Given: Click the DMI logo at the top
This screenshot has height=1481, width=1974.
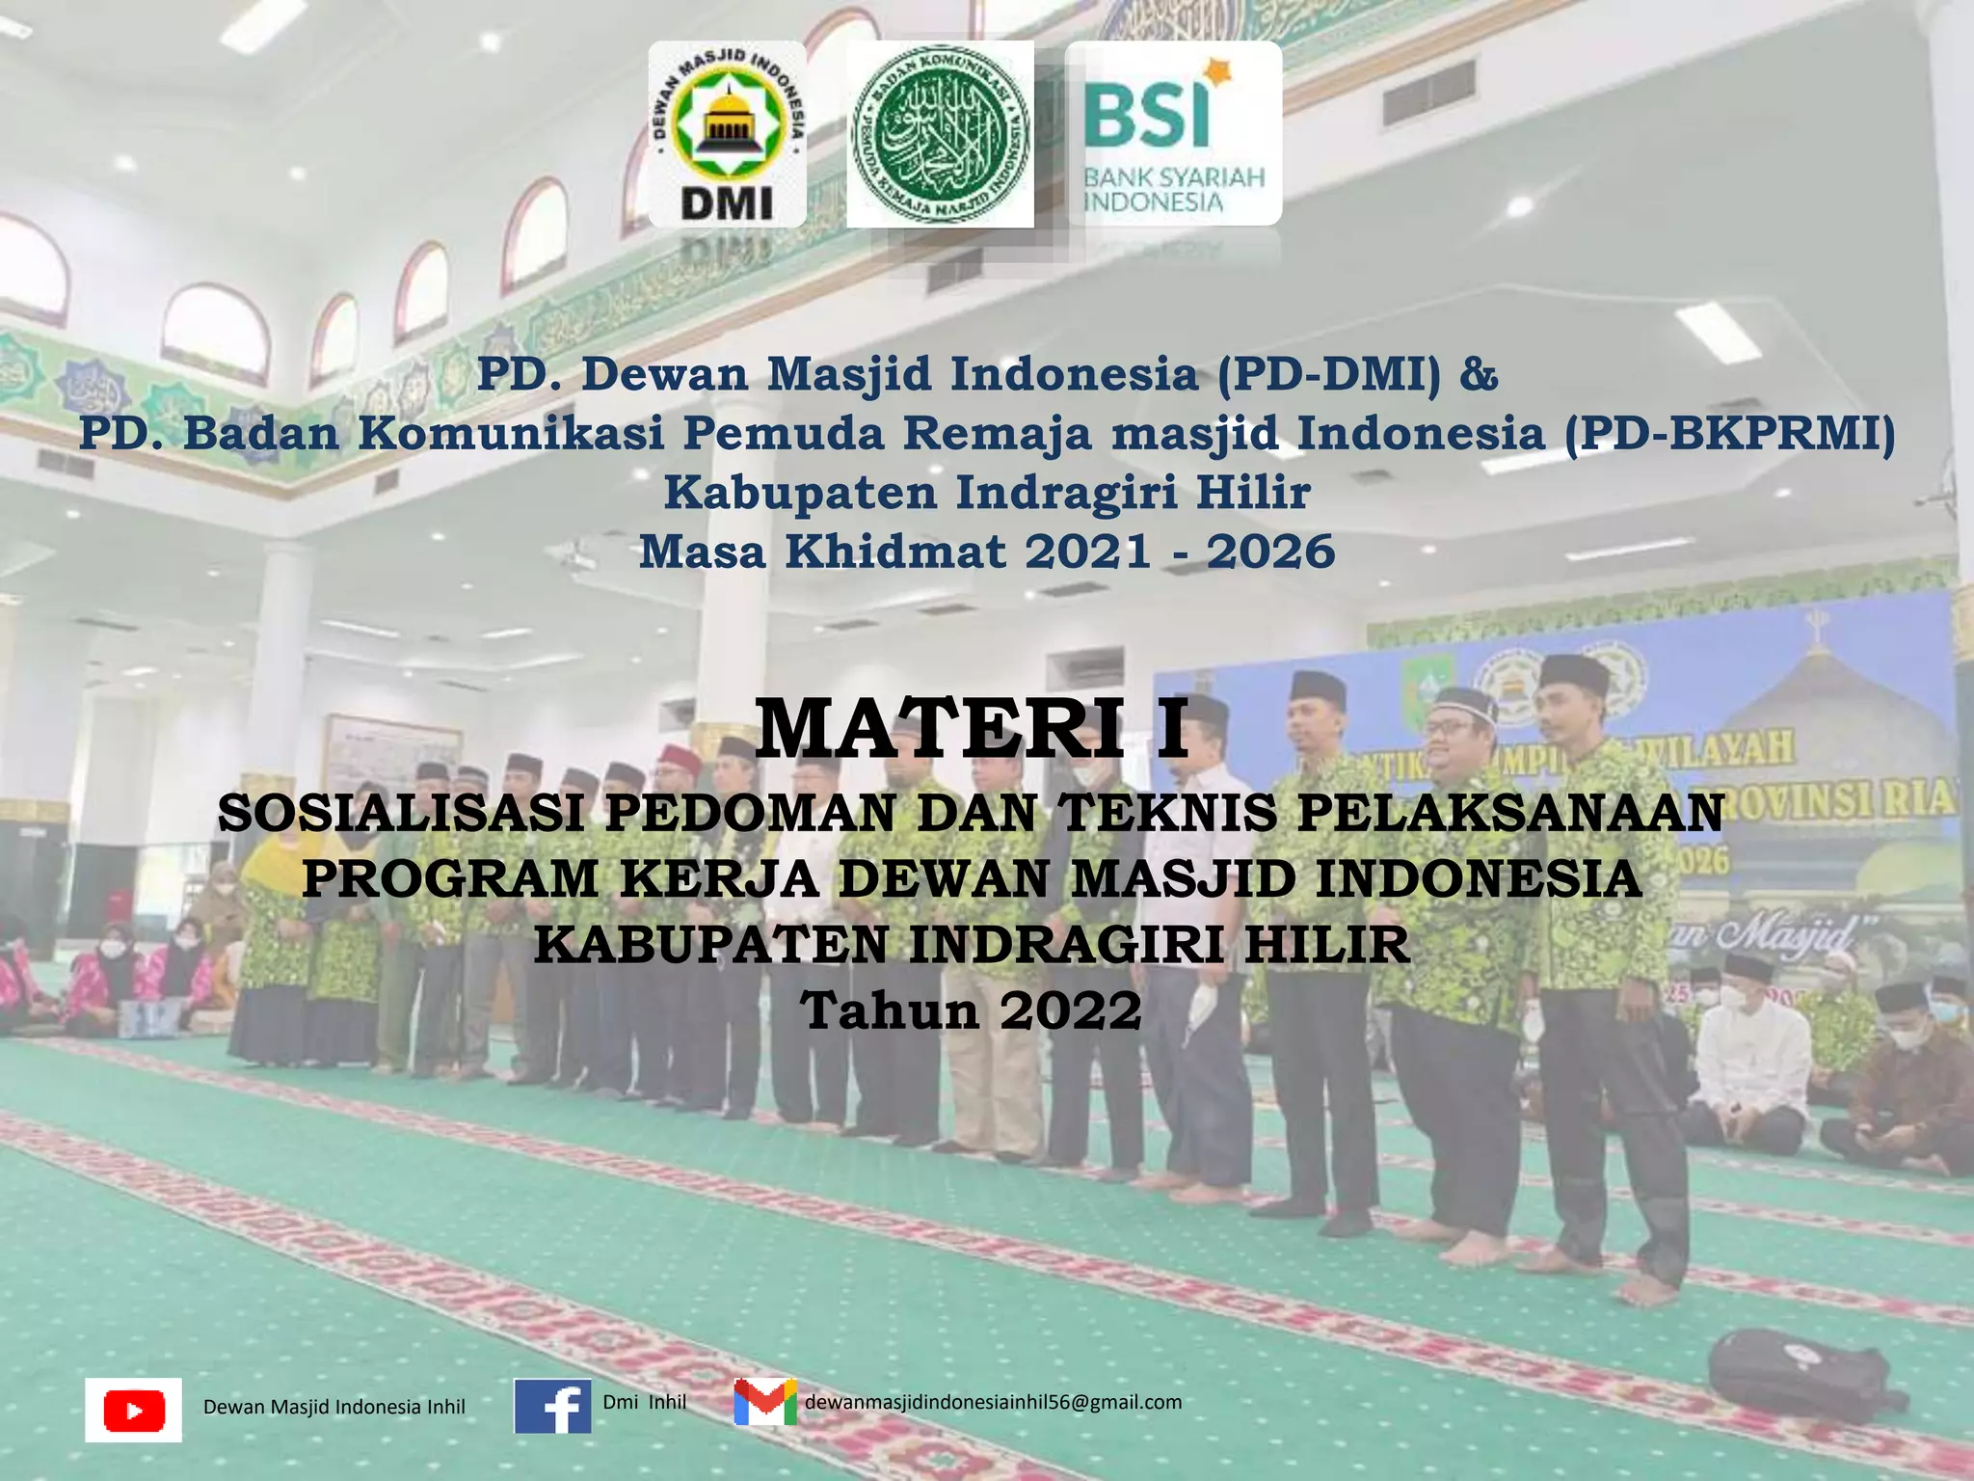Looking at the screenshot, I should coord(727,134).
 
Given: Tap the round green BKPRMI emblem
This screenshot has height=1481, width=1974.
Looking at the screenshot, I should coord(940,134).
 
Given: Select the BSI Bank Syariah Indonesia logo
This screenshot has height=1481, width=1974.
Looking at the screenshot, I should coord(1173,134).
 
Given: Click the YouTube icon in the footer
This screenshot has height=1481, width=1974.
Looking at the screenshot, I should coord(133,1410).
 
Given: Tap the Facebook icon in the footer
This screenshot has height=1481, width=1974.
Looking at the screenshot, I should coord(552,1407).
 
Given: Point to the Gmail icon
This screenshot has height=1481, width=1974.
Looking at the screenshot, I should coord(765,1403).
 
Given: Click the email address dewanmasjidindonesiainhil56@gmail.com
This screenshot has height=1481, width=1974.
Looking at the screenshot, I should coord(993,1402).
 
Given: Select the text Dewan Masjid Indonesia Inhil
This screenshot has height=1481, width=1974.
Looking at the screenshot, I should coord(333,1407).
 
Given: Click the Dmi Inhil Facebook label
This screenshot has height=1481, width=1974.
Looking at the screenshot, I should coord(644,1402).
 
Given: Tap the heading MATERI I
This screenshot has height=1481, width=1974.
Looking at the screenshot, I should coord(972,730).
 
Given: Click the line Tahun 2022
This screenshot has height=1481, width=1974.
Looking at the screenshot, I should coord(972,1010).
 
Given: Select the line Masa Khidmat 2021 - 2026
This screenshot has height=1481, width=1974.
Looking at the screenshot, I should coord(987,552).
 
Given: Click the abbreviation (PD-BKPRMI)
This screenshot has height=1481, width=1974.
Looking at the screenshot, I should coord(1728,433).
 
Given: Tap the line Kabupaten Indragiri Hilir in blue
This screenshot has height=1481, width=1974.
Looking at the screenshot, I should coord(987,493).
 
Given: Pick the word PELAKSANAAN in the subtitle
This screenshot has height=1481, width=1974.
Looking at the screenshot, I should coord(1510,813).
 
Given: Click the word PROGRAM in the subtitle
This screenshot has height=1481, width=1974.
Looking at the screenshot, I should coord(451,878).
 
